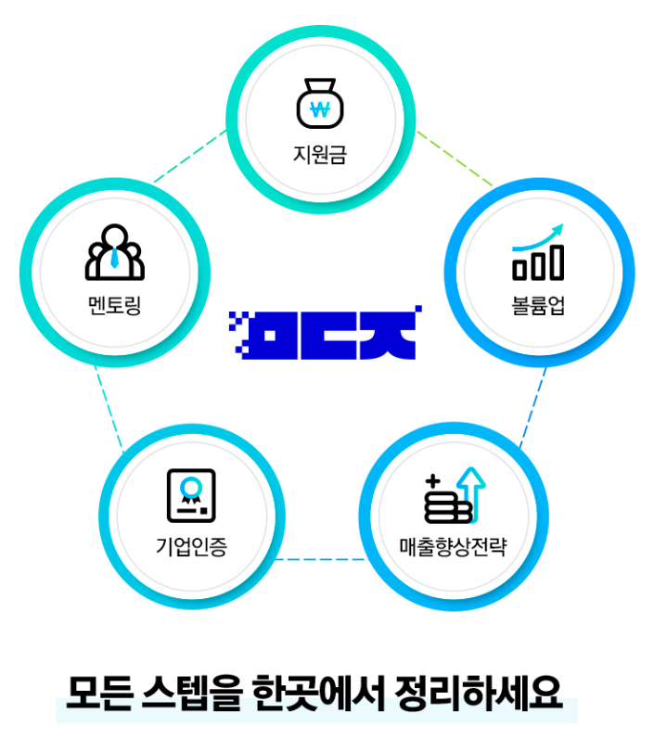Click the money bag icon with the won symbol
(x=320, y=105)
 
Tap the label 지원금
(x=320, y=153)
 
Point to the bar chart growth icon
(x=538, y=252)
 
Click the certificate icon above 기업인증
(x=190, y=496)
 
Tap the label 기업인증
(x=191, y=545)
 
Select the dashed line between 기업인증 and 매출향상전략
(x=320, y=559)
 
